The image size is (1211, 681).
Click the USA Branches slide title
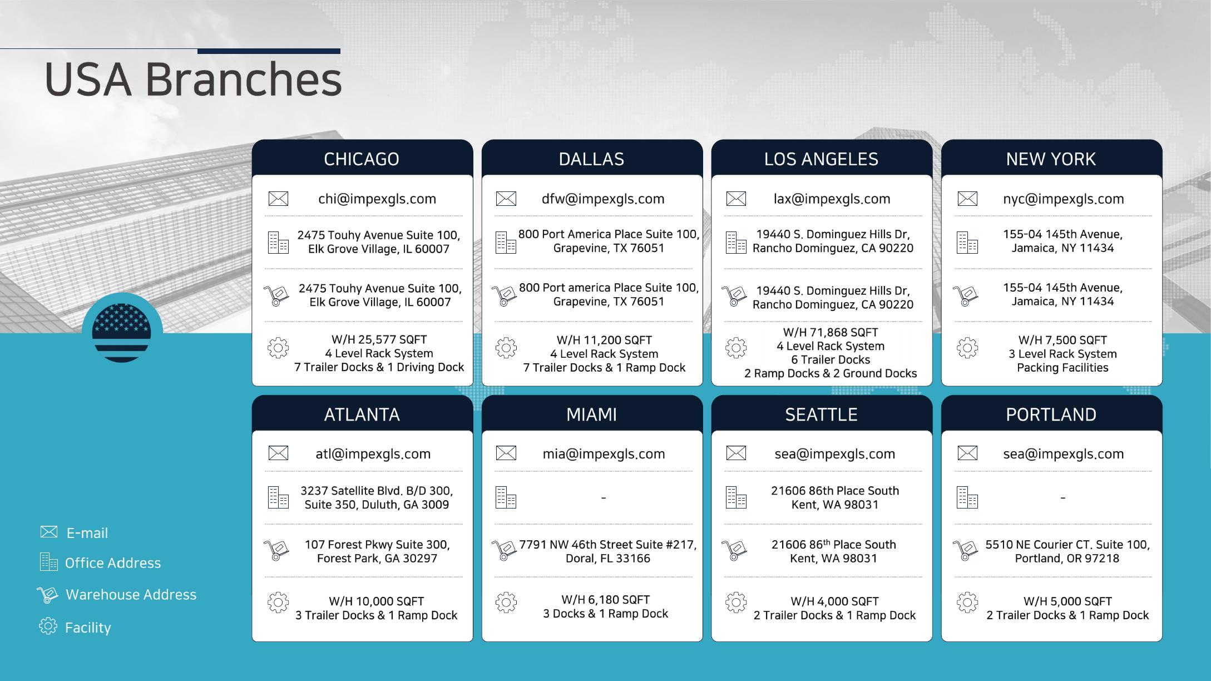pyautogui.click(x=193, y=79)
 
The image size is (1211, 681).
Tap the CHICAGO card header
pyautogui.click(x=362, y=159)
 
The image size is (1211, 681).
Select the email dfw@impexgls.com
pyautogui.click(x=603, y=199)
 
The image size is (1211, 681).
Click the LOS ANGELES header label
pyautogui.click(x=821, y=159)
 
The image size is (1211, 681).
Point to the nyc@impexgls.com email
pyautogui.click(x=1063, y=199)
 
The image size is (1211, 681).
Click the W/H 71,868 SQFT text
pyautogui.click(x=831, y=332)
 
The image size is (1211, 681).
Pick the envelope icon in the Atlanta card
pyautogui.click(x=278, y=453)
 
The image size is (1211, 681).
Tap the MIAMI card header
pyautogui.click(x=591, y=414)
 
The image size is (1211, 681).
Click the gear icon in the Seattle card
pyautogui.click(x=736, y=602)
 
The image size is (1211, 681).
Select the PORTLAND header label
pyautogui.click(x=1051, y=414)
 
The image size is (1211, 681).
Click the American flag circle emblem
pyautogui.click(x=122, y=333)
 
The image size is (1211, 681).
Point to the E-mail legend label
pyautogui.click(x=87, y=533)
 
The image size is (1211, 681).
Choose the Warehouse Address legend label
pyautogui.click(x=131, y=595)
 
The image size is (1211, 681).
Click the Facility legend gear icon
pyautogui.click(x=48, y=626)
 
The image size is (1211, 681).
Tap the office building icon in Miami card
pyautogui.click(x=506, y=497)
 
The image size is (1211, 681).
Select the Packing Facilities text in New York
pyautogui.click(x=1062, y=368)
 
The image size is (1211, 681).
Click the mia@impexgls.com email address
pyautogui.click(x=604, y=453)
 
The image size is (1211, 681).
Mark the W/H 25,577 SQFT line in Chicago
pyautogui.click(x=379, y=339)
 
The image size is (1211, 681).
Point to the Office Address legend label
pyautogui.click(x=113, y=563)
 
